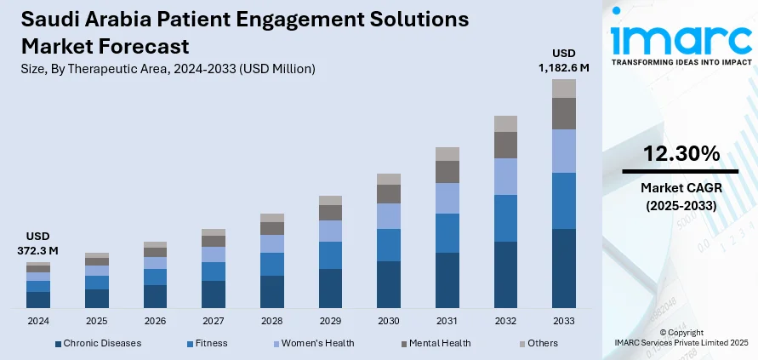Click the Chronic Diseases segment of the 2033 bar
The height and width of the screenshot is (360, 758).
point(564,268)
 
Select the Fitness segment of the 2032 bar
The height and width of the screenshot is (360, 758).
point(505,218)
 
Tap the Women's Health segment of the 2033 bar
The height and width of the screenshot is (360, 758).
point(564,151)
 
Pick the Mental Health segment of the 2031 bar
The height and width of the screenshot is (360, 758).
point(447,172)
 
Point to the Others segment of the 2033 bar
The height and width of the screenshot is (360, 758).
point(564,89)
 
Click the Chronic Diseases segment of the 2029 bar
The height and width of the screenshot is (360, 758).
point(330,288)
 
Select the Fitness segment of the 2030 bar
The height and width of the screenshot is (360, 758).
point(389,245)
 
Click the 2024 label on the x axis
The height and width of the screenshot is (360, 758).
point(38,321)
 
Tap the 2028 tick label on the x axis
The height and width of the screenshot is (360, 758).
point(272,321)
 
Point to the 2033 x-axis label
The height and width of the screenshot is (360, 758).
point(564,321)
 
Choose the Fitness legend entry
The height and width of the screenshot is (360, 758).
point(210,343)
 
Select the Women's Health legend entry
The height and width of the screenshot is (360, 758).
point(311,343)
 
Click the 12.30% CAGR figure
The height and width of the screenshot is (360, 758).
point(681,154)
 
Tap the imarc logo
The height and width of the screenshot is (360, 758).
point(681,41)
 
